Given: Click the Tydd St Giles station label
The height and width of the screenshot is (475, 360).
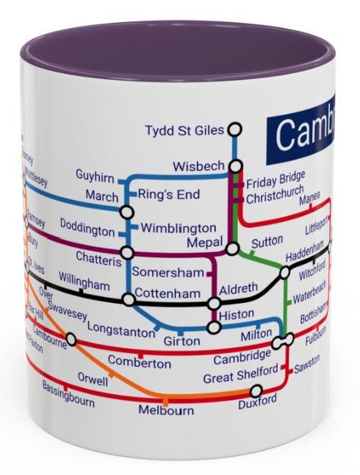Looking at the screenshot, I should (184, 131).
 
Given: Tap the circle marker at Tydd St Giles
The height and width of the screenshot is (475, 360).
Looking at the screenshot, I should (234, 129).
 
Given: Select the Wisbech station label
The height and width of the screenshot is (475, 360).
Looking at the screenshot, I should (198, 167).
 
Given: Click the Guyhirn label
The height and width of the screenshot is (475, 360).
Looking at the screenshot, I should (95, 176).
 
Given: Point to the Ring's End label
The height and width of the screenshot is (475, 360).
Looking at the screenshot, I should (169, 195).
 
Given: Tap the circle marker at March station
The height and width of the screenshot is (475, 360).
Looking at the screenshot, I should (127, 213).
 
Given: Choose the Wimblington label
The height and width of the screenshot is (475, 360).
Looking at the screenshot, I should (179, 228).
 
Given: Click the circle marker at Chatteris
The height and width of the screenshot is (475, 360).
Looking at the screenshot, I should (127, 253).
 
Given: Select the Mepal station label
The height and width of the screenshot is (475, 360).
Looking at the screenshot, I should (204, 242).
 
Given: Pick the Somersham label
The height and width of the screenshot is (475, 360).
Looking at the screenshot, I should (168, 273).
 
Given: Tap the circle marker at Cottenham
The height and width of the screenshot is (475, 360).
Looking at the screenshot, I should (129, 299).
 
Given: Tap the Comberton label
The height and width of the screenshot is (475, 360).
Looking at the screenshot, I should (140, 362).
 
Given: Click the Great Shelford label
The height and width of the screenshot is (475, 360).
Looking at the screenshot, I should (241, 377).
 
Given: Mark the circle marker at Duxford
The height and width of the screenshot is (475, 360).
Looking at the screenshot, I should (247, 394).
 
